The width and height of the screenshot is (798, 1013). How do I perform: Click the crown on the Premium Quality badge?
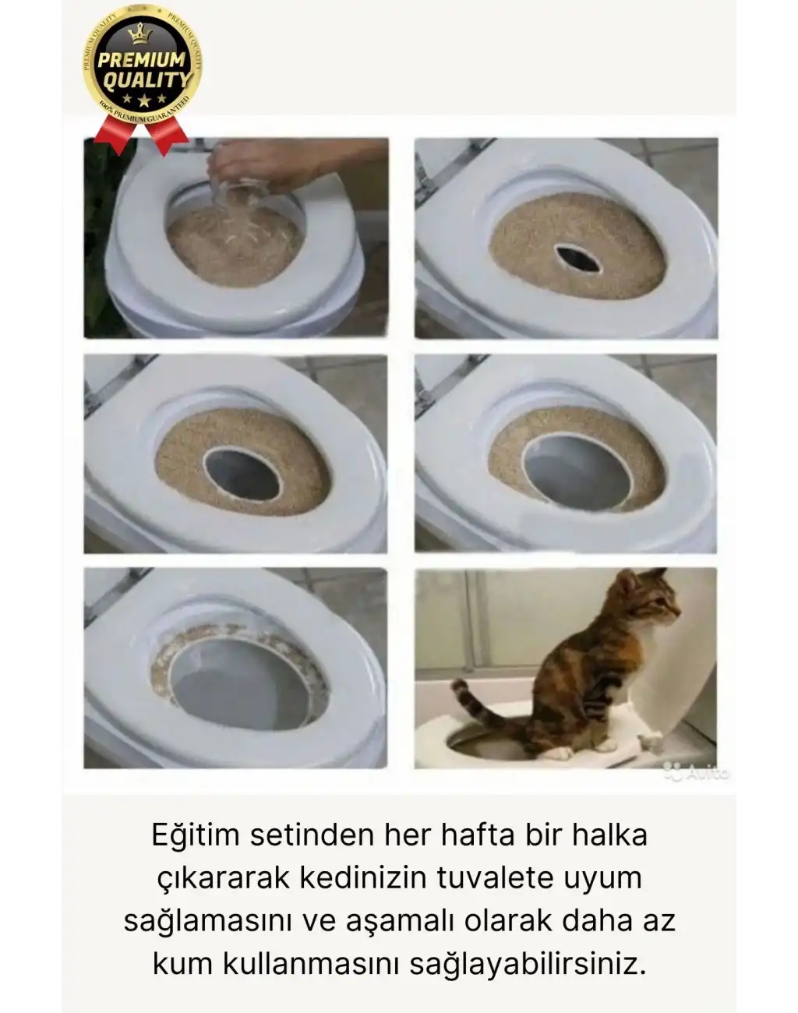coord(141,34)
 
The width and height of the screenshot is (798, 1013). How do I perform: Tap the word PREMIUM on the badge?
coord(141,60)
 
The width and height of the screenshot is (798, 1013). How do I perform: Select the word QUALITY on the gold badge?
coord(146,79)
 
